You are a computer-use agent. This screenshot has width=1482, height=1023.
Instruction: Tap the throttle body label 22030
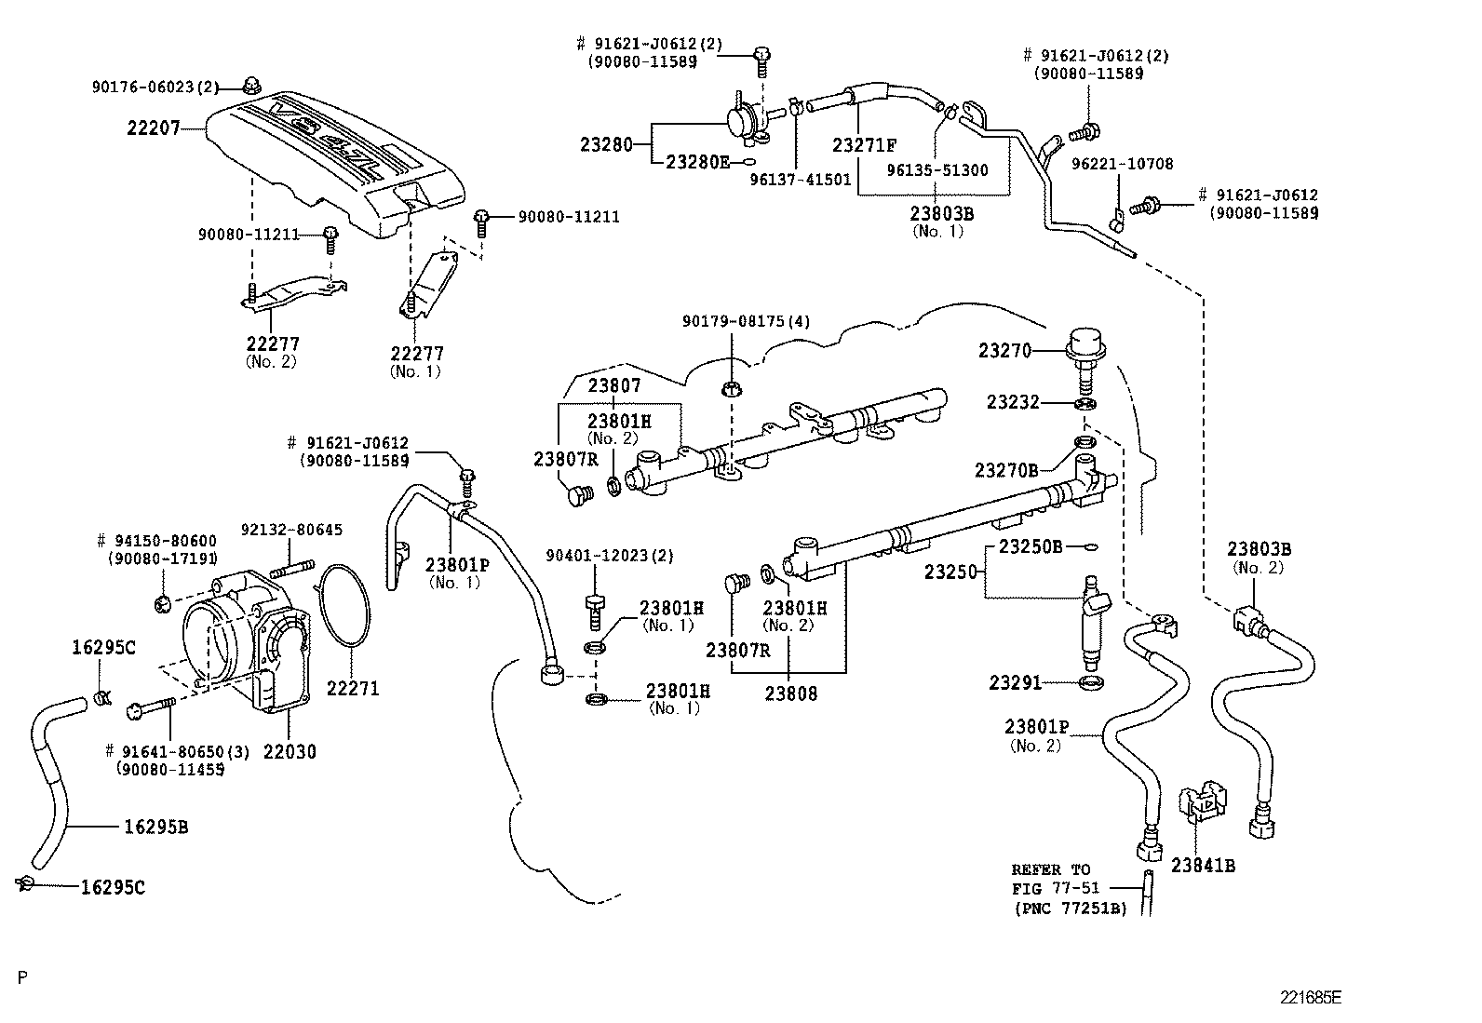289,751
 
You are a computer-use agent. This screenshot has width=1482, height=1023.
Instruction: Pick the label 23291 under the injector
1015,683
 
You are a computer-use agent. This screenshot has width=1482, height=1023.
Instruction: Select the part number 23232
1013,402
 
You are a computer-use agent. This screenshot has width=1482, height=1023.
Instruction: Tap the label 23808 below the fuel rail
790,693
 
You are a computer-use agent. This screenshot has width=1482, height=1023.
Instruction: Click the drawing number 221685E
1310,997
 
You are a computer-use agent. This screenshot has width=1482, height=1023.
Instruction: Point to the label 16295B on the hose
155,827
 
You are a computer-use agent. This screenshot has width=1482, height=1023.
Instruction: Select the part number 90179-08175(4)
746,321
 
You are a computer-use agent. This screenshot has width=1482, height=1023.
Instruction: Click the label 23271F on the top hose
864,145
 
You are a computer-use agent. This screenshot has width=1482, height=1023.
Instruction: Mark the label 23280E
697,161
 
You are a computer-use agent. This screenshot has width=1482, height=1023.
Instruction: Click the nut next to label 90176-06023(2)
251,86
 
